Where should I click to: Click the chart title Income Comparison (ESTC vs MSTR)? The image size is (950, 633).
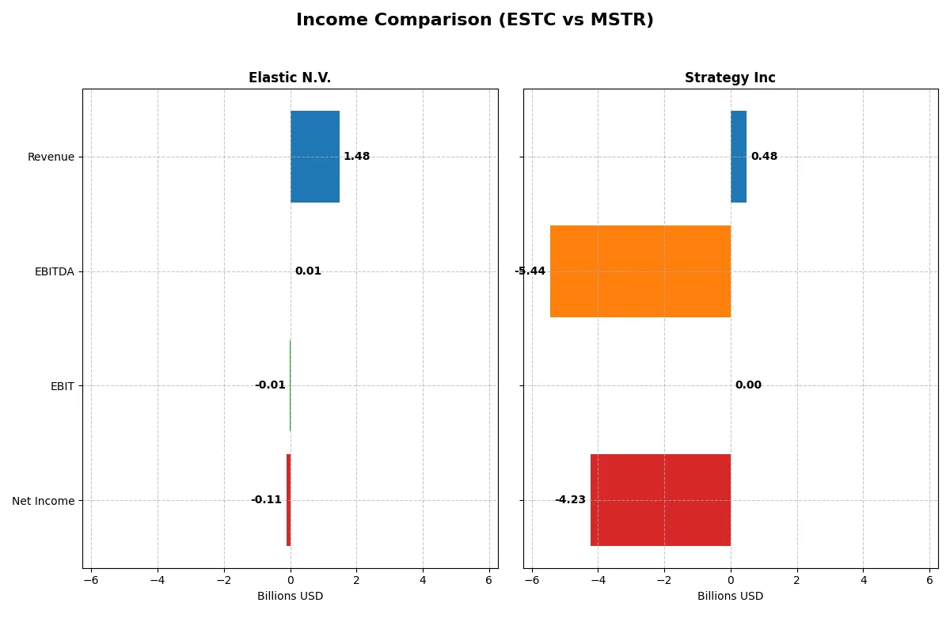475,21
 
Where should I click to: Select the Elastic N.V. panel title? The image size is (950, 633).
290,78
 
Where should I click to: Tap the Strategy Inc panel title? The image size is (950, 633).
730,78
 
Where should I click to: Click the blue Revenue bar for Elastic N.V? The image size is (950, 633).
315,157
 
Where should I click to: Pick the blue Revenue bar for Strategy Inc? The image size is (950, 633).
739,157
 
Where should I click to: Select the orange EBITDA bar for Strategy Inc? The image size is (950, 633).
640,271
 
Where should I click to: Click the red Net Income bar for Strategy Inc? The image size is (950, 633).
660,500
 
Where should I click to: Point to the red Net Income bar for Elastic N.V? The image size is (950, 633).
289,500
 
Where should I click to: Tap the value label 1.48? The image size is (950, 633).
356,157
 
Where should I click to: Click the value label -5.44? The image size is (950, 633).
530,271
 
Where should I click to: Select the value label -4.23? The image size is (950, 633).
570,500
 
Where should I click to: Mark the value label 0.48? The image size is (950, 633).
764,157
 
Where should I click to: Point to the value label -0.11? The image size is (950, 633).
266,500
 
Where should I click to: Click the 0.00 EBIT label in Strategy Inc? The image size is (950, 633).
748,385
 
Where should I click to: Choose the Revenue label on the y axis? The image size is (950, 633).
51,157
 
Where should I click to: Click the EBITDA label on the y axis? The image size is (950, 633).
54,271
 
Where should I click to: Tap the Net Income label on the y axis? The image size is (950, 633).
44,500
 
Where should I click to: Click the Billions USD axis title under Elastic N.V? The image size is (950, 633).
290,596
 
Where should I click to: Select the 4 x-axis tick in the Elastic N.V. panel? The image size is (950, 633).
423,580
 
